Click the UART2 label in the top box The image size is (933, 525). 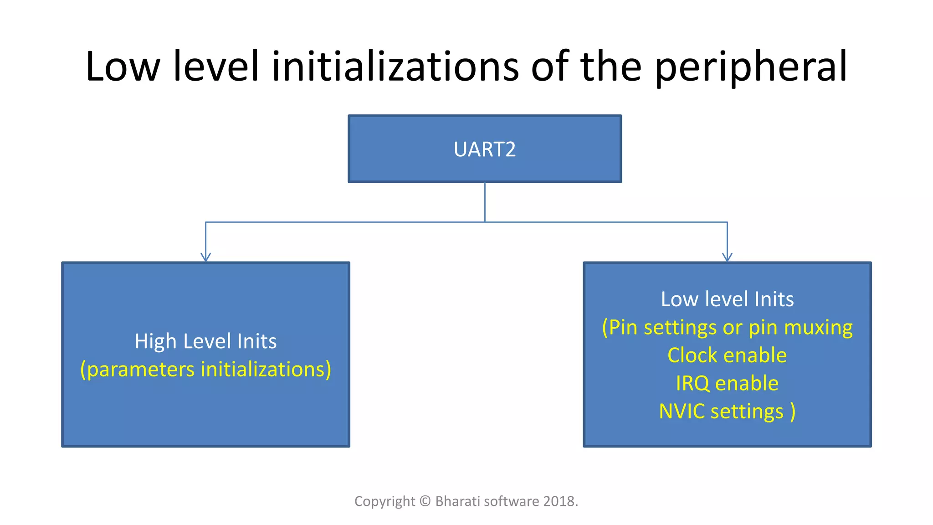point(484,149)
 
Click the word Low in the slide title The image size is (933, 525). point(123,67)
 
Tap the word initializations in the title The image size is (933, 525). point(395,67)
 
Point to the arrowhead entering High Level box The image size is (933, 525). point(205,257)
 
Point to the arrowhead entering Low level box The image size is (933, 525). point(727,257)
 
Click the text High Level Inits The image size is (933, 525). point(205,341)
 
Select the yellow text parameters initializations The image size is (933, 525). point(205,369)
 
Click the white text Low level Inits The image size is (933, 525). point(727,299)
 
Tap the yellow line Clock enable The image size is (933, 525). point(727,355)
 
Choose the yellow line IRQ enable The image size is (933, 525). point(727,383)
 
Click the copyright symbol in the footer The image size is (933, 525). point(425,501)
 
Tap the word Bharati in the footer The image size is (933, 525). point(457,501)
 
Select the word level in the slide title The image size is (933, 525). point(216,67)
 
